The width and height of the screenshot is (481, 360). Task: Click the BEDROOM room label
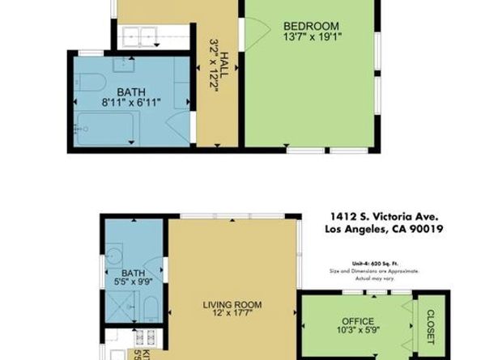[x=311, y=26]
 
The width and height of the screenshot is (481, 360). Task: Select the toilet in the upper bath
[x=89, y=81]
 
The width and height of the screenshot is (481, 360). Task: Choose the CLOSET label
[x=429, y=323]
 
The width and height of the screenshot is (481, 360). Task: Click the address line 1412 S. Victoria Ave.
[x=384, y=217]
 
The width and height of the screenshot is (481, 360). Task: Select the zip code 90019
[x=424, y=229]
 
